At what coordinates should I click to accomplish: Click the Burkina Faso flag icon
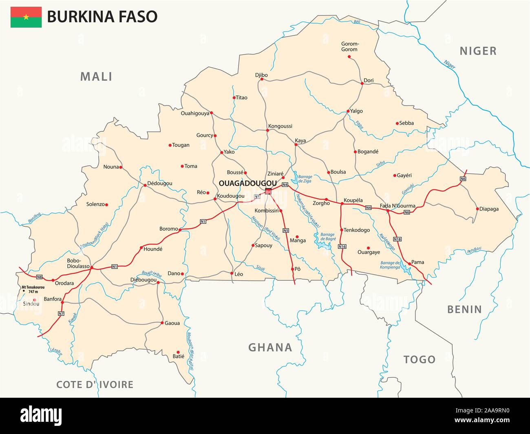[26, 17]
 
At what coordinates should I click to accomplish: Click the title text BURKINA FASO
[102, 17]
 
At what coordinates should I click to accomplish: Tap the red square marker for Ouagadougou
[268, 192]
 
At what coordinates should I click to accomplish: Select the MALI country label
[96, 77]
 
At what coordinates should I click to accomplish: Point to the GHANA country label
[270, 347]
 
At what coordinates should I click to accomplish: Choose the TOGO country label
[420, 359]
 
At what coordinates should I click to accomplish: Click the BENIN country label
[464, 309]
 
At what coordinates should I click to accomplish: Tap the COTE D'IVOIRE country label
[95, 384]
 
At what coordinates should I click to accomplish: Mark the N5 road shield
[286, 230]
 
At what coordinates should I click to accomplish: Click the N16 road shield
[342, 247]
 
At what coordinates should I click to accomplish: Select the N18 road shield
[398, 239]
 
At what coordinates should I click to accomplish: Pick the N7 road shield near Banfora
[61, 313]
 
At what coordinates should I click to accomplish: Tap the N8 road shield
[39, 278]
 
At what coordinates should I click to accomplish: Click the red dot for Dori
[362, 84]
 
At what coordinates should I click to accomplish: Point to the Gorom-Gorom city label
[349, 47]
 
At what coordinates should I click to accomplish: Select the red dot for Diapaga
[477, 209]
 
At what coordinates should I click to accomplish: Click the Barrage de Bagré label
[327, 237]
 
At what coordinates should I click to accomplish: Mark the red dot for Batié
[178, 352]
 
